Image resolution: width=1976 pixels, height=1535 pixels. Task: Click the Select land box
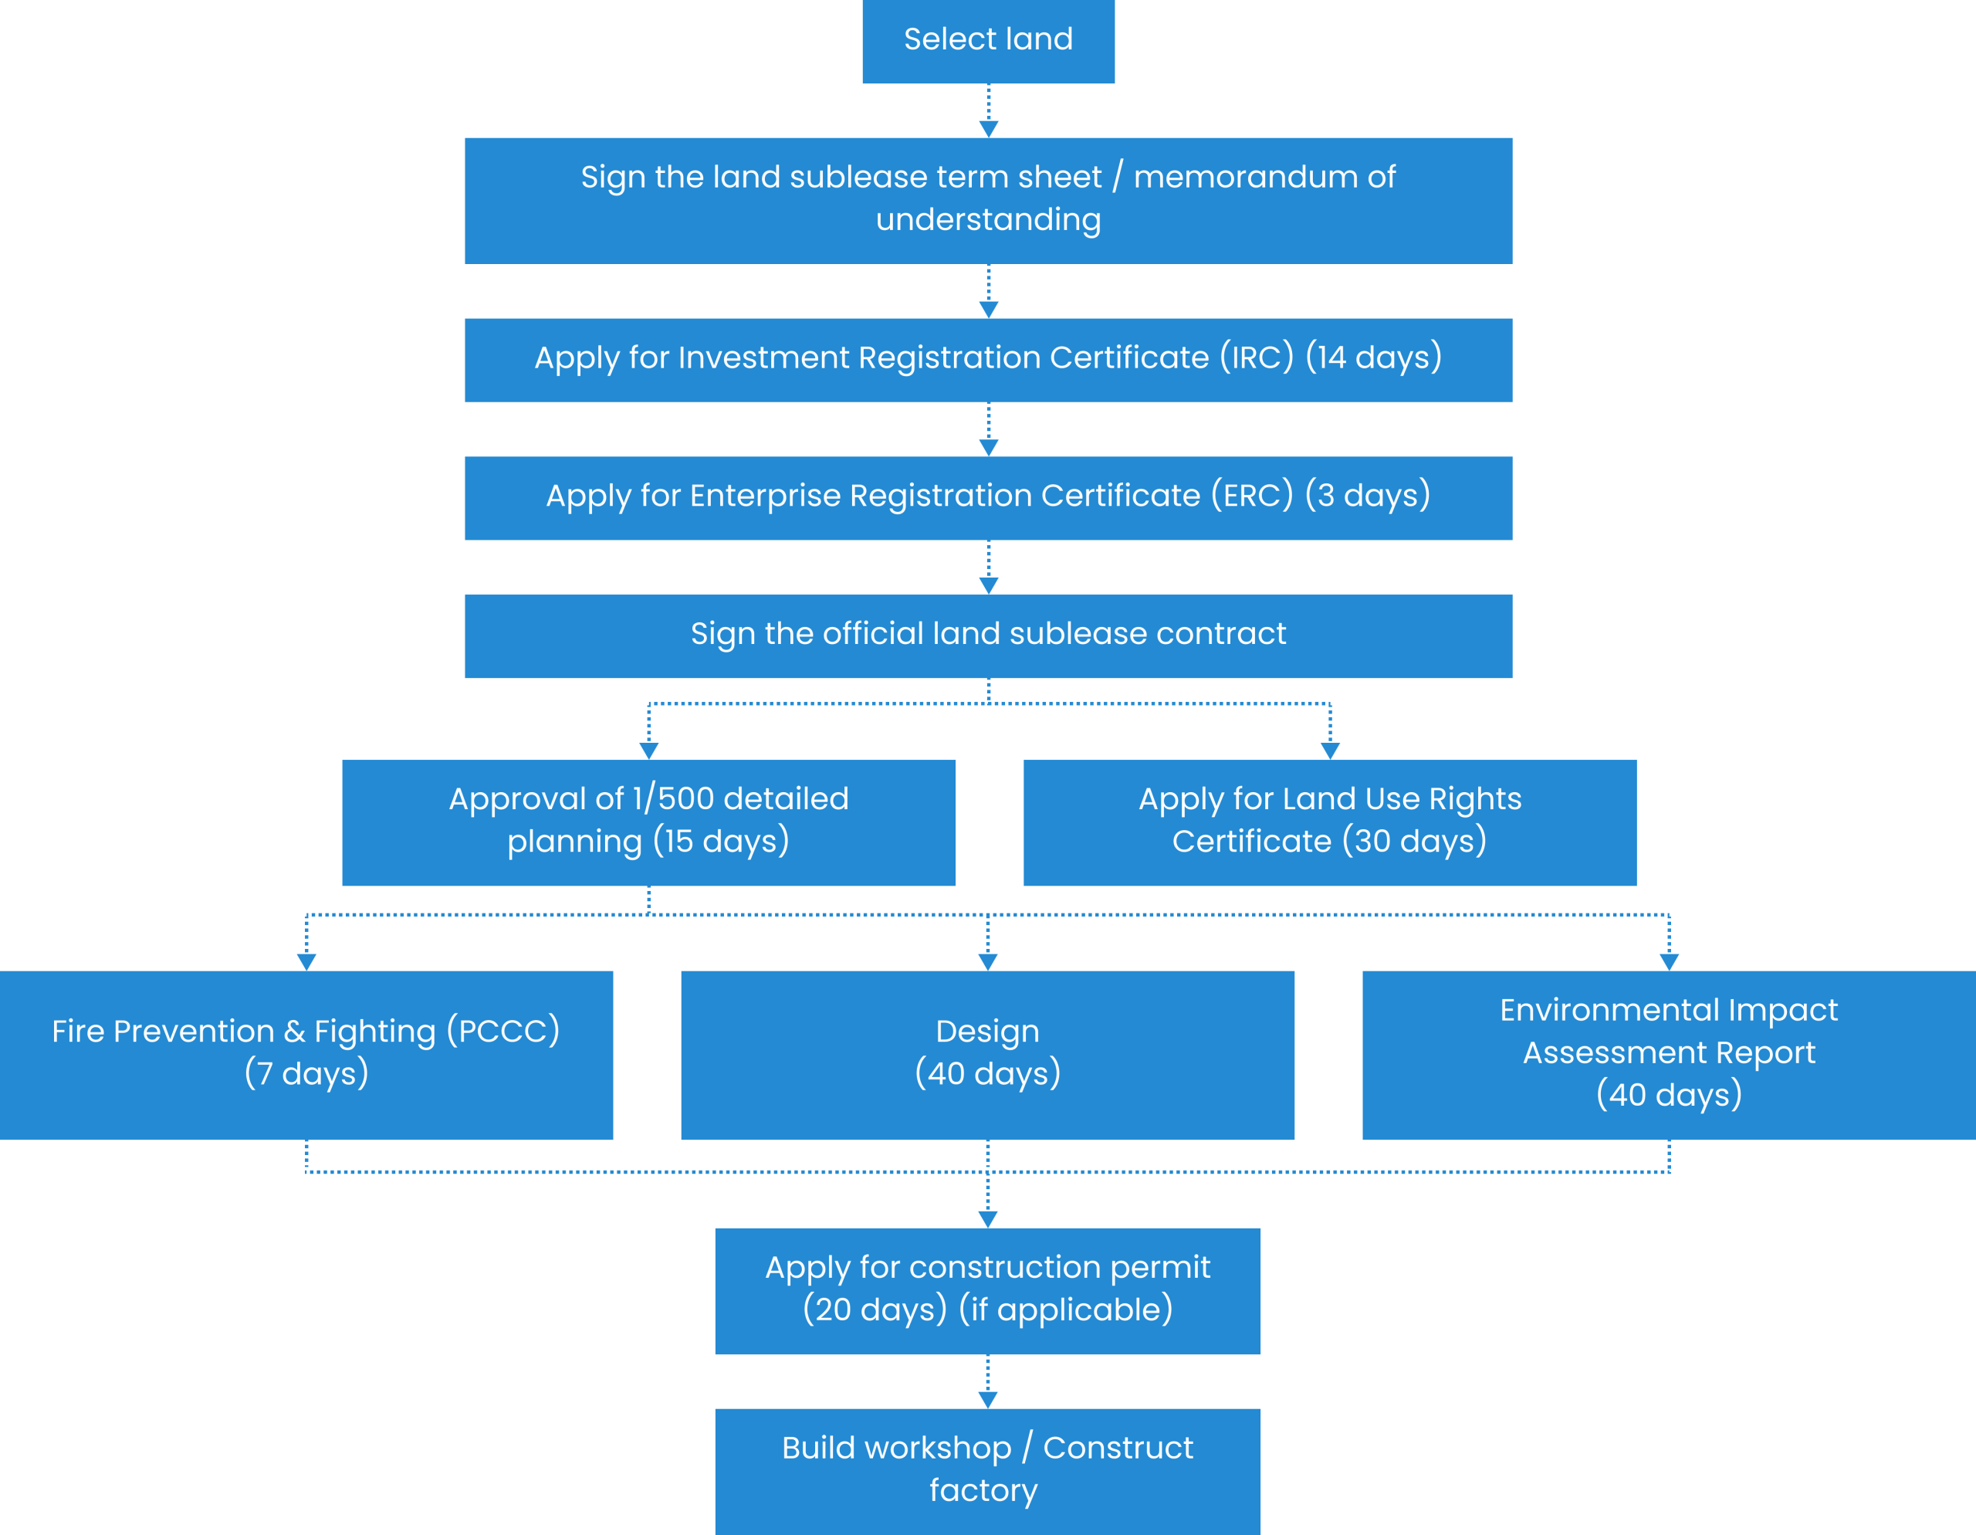(x=988, y=41)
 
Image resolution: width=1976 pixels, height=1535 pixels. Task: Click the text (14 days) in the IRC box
(x=1373, y=357)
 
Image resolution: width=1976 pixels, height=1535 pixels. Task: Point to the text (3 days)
(x=1367, y=495)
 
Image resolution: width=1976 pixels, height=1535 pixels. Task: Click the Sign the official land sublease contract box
(x=988, y=636)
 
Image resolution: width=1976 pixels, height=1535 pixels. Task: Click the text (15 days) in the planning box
(x=721, y=841)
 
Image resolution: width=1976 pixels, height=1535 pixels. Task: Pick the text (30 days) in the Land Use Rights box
(x=1414, y=841)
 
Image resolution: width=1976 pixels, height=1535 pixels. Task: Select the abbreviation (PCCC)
(x=503, y=1031)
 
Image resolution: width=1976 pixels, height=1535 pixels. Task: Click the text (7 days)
(x=306, y=1073)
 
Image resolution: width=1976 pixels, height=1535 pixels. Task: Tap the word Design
(x=987, y=1032)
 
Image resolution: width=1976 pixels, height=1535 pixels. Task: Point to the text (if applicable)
(x=1065, y=1310)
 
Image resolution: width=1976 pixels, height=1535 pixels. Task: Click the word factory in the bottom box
(x=983, y=1491)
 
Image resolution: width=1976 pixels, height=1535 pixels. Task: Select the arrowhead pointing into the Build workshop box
(x=988, y=1400)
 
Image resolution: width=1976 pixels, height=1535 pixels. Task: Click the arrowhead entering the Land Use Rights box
(x=1330, y=751)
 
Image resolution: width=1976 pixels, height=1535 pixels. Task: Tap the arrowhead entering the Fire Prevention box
(x=306, y=962)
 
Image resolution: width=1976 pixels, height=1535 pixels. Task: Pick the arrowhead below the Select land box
(x=989, y=130)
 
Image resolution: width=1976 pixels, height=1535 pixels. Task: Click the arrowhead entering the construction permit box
(x=988, y=1220)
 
